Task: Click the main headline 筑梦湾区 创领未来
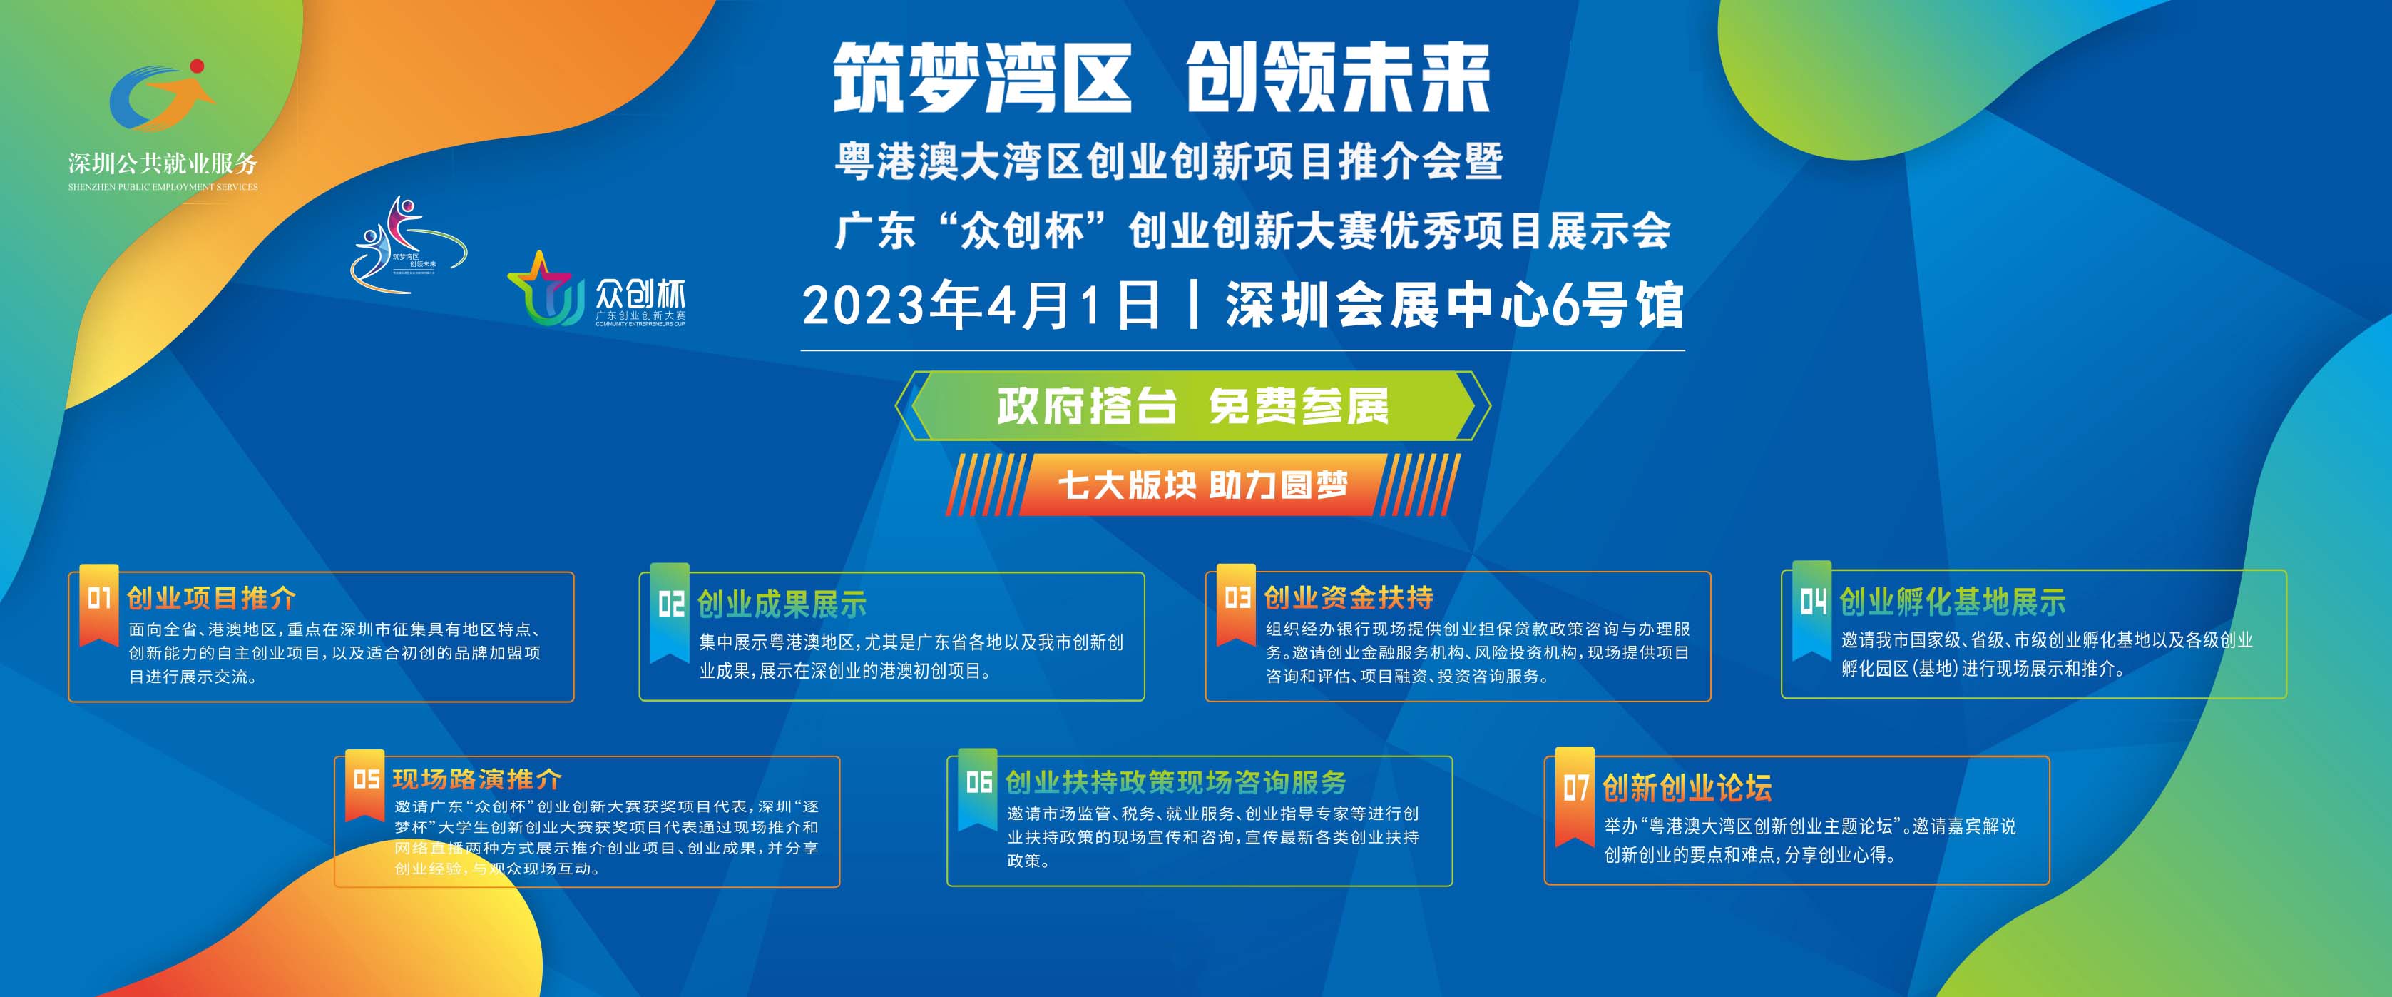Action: point(1162,80)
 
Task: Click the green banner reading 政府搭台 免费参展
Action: point(1192,406)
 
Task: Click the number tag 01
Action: point(98,597)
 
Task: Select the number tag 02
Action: point(670,604)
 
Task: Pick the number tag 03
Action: point(1237,597)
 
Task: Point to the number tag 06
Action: point(978,782)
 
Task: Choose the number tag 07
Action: point(1575,788)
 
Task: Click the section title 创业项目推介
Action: point(212,597)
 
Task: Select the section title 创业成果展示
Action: point(782,604)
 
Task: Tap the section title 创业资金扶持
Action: point(1349,597)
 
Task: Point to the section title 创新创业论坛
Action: point(1687,788)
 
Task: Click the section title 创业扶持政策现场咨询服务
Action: point(1175,782)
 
